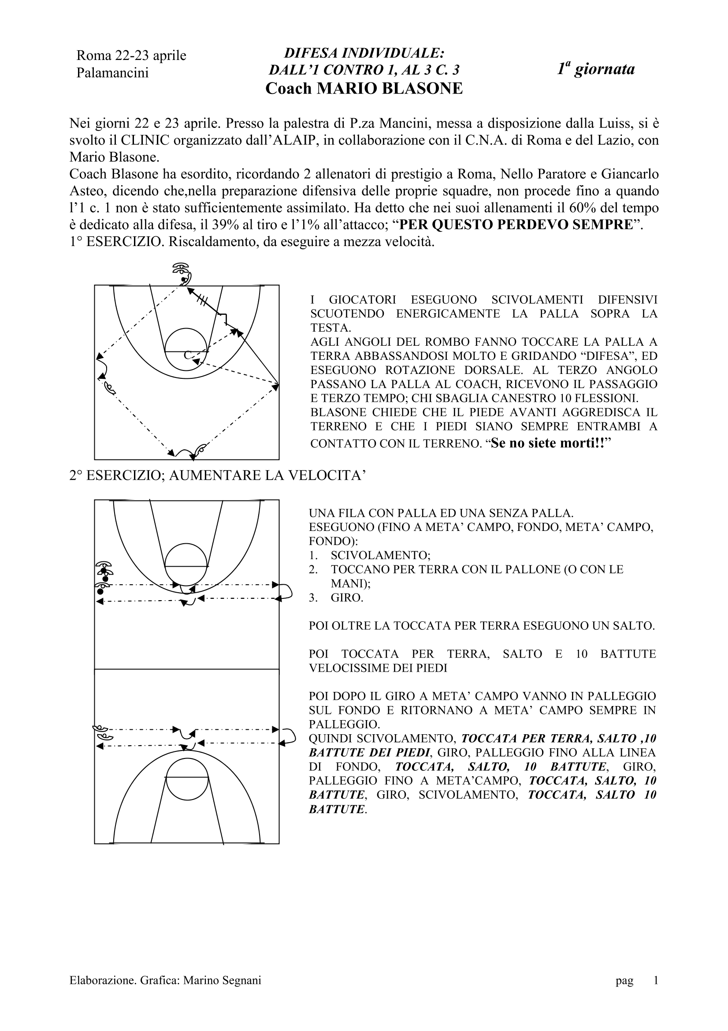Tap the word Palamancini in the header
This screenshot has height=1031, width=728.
tap(112, 73)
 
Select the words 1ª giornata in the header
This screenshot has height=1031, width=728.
tap(596, 69)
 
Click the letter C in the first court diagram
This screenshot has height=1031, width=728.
tap(188, 355)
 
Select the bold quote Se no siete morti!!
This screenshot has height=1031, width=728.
tap(550, 444)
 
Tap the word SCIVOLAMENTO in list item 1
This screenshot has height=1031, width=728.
tap(380, 556)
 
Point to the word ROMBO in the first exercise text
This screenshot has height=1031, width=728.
tap(439, 342)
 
